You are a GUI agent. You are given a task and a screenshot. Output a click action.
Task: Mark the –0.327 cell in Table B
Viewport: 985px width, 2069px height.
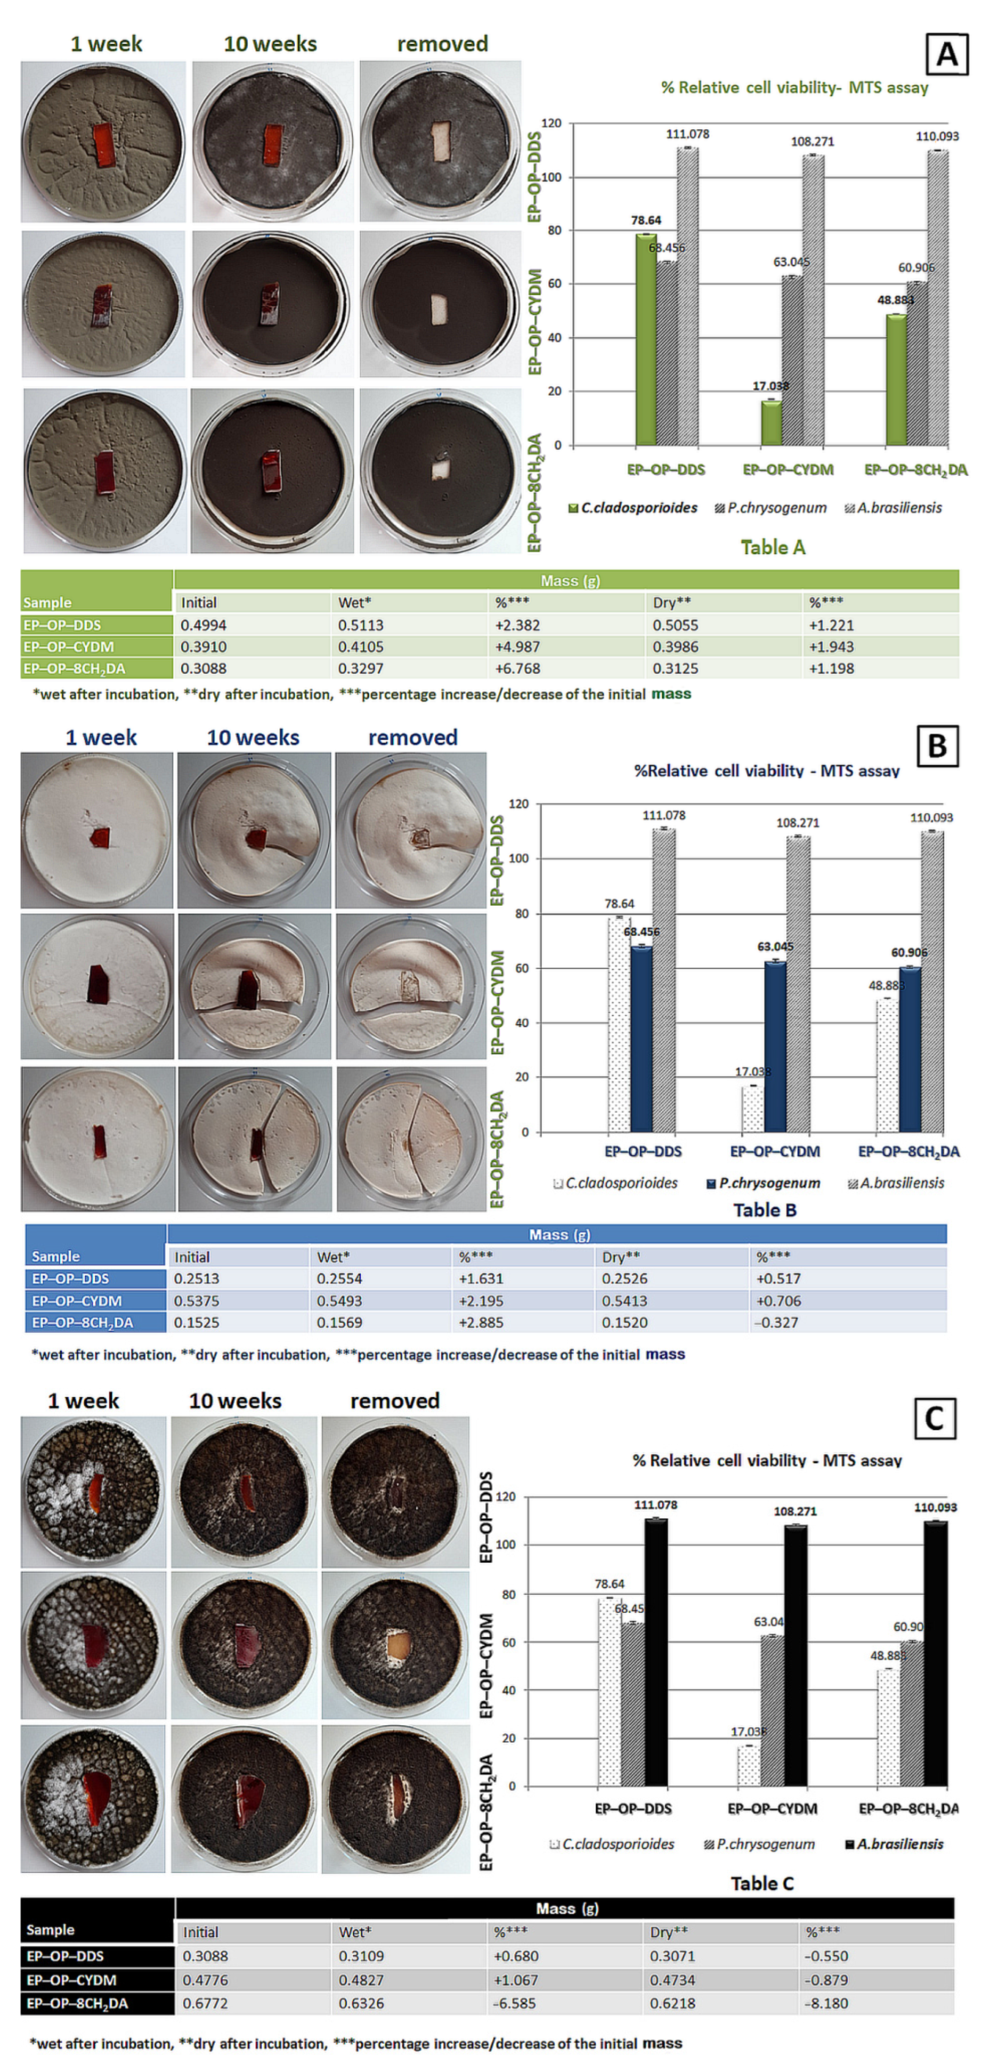pos(777,1322)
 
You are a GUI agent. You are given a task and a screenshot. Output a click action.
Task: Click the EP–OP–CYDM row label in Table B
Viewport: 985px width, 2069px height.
pos(73,1300)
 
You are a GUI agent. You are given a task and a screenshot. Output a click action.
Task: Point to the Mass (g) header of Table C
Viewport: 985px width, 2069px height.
pos(566,1909)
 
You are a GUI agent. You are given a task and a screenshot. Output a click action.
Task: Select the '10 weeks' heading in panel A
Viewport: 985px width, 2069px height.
pos(270,44)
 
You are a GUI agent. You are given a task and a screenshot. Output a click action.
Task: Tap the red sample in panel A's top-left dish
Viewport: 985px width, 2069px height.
pos(104,145)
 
